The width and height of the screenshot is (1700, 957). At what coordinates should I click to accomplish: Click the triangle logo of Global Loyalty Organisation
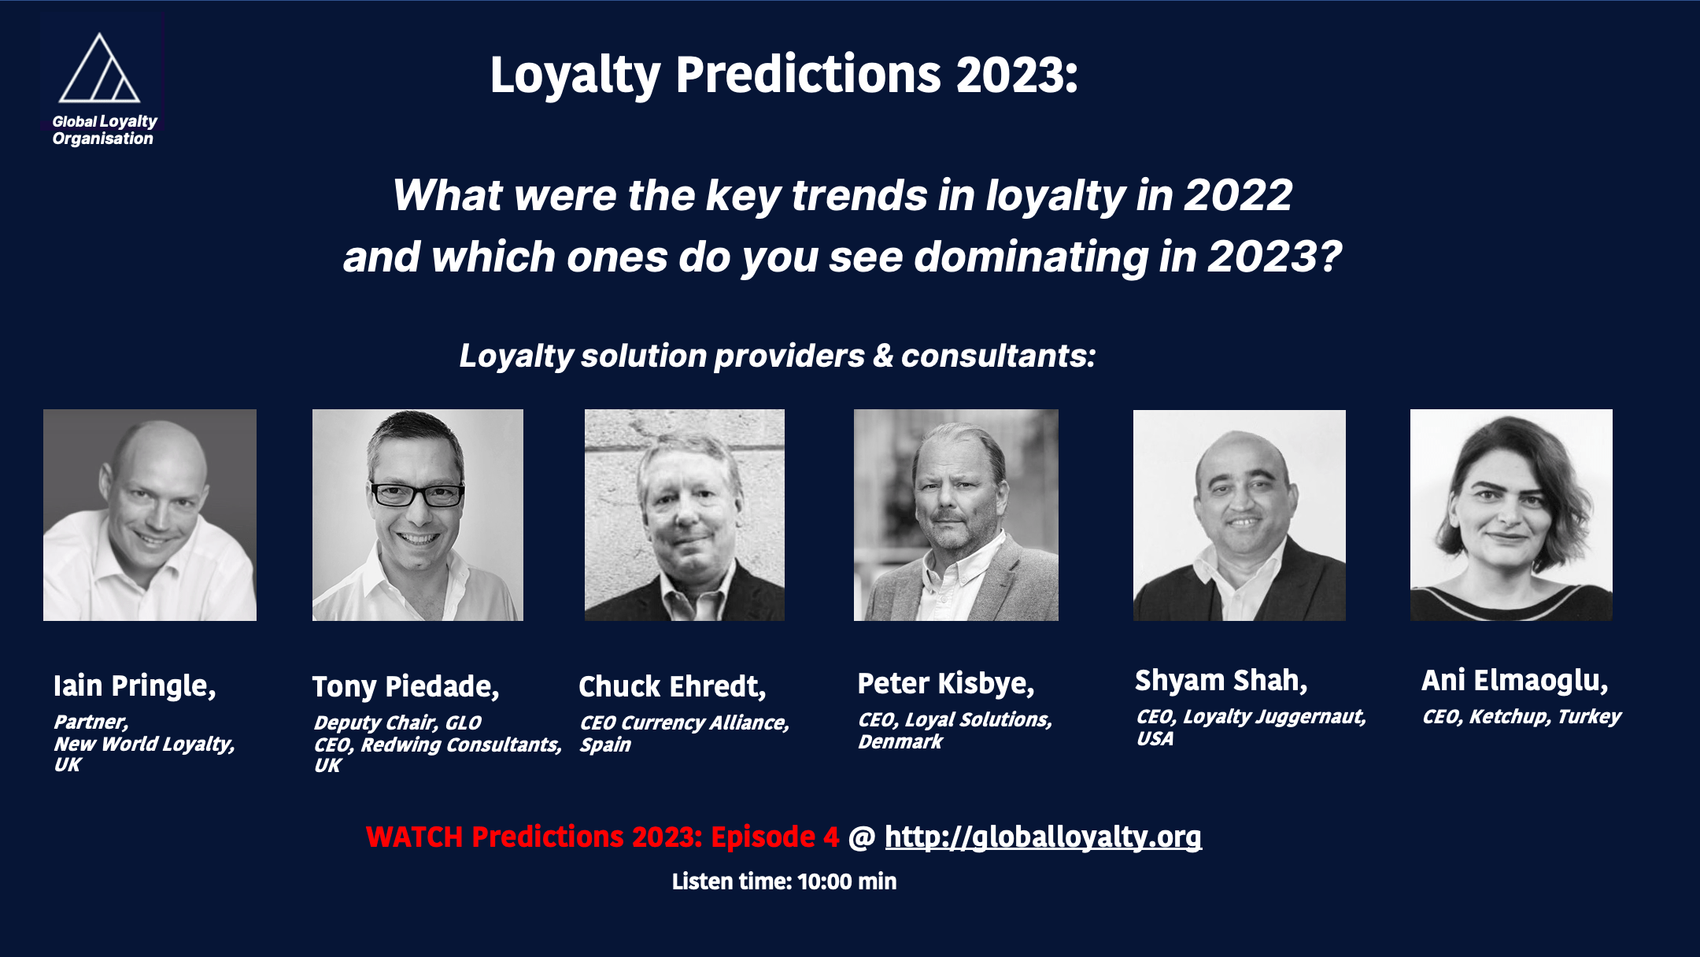click(x=99, y=68)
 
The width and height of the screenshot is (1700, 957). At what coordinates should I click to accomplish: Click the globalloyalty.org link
click(x=1043, y=837)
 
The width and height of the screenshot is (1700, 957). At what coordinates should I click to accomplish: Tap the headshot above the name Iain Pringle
click(x=150, y=515)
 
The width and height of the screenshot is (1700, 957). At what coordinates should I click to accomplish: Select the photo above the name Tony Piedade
click(x=418, y=515)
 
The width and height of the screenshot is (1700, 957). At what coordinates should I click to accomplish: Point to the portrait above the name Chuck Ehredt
click(x=685, y=515)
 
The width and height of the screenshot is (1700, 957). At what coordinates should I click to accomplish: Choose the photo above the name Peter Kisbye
click(x=956, y=515)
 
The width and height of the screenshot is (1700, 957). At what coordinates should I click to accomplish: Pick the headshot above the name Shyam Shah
click(x=1240, y=515)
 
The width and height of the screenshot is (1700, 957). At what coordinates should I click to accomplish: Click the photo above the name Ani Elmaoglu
click(x=1511, y=515)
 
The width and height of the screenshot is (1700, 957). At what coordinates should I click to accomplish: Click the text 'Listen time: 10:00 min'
click(x=784, y=881)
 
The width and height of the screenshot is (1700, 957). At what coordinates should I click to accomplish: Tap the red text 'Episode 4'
click(x=775, y=837)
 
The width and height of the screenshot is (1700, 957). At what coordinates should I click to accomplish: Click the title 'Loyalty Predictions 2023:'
click(x=784, y=76)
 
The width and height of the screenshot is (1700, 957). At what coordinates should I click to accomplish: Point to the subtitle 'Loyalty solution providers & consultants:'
click(x=778, y=357)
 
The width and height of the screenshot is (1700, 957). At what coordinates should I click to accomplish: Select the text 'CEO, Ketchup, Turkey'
click(x=1521, y=717)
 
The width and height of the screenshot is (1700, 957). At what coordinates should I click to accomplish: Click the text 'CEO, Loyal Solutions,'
click(x=955, y=720)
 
